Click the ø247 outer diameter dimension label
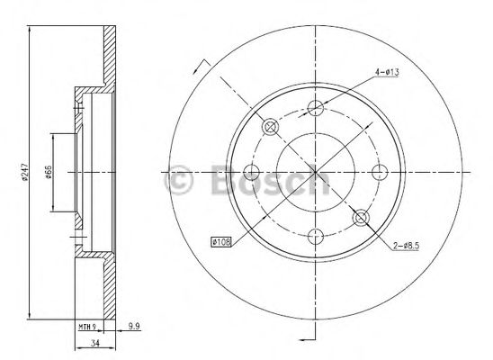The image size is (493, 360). click(25, 172)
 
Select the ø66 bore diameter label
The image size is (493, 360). click(49, 172)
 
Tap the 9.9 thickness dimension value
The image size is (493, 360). click(134, 327)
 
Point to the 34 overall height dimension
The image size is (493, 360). click(94, 343)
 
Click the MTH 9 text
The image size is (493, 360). click(86, 327)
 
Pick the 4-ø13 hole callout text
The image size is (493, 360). click(387, 72)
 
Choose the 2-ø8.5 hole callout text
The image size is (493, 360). click(407, 246)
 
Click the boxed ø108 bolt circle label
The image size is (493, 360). click(221, 242)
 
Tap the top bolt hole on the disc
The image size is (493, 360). click(316, 108)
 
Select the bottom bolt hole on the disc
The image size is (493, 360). click(316, 237)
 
